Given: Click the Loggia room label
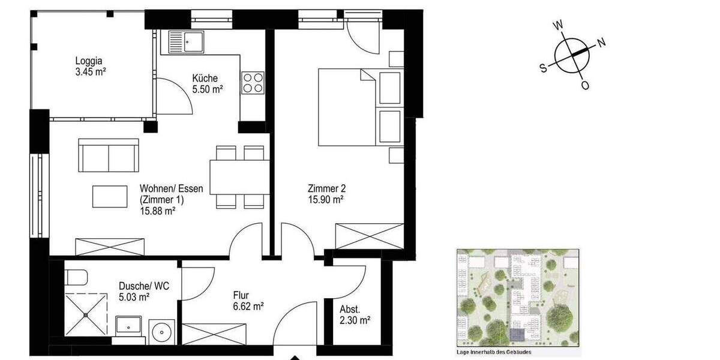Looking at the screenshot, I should (x=89, y=61).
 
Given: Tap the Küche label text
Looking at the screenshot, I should (x=205, y=79).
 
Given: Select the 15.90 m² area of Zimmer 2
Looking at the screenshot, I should (x=325, y=199).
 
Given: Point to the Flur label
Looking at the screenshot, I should (x=242, y=295).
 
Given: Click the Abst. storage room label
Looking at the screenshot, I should (x=350, y=310).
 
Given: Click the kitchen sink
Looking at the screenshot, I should (x=187, y=42).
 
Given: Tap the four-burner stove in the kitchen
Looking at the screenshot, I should (x=253, y=83).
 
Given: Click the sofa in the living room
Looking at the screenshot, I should (x=109, y=155).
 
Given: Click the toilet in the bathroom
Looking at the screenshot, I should (x=76, y=277).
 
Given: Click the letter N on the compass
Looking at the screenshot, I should (x=602, y=43).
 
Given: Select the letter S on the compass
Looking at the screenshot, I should (x=544, y=68).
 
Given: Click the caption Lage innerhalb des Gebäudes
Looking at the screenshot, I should (x=494, y=352).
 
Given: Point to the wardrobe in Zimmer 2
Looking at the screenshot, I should (x=368, y=236).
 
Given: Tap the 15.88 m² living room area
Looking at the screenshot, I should (x=157, y=211).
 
